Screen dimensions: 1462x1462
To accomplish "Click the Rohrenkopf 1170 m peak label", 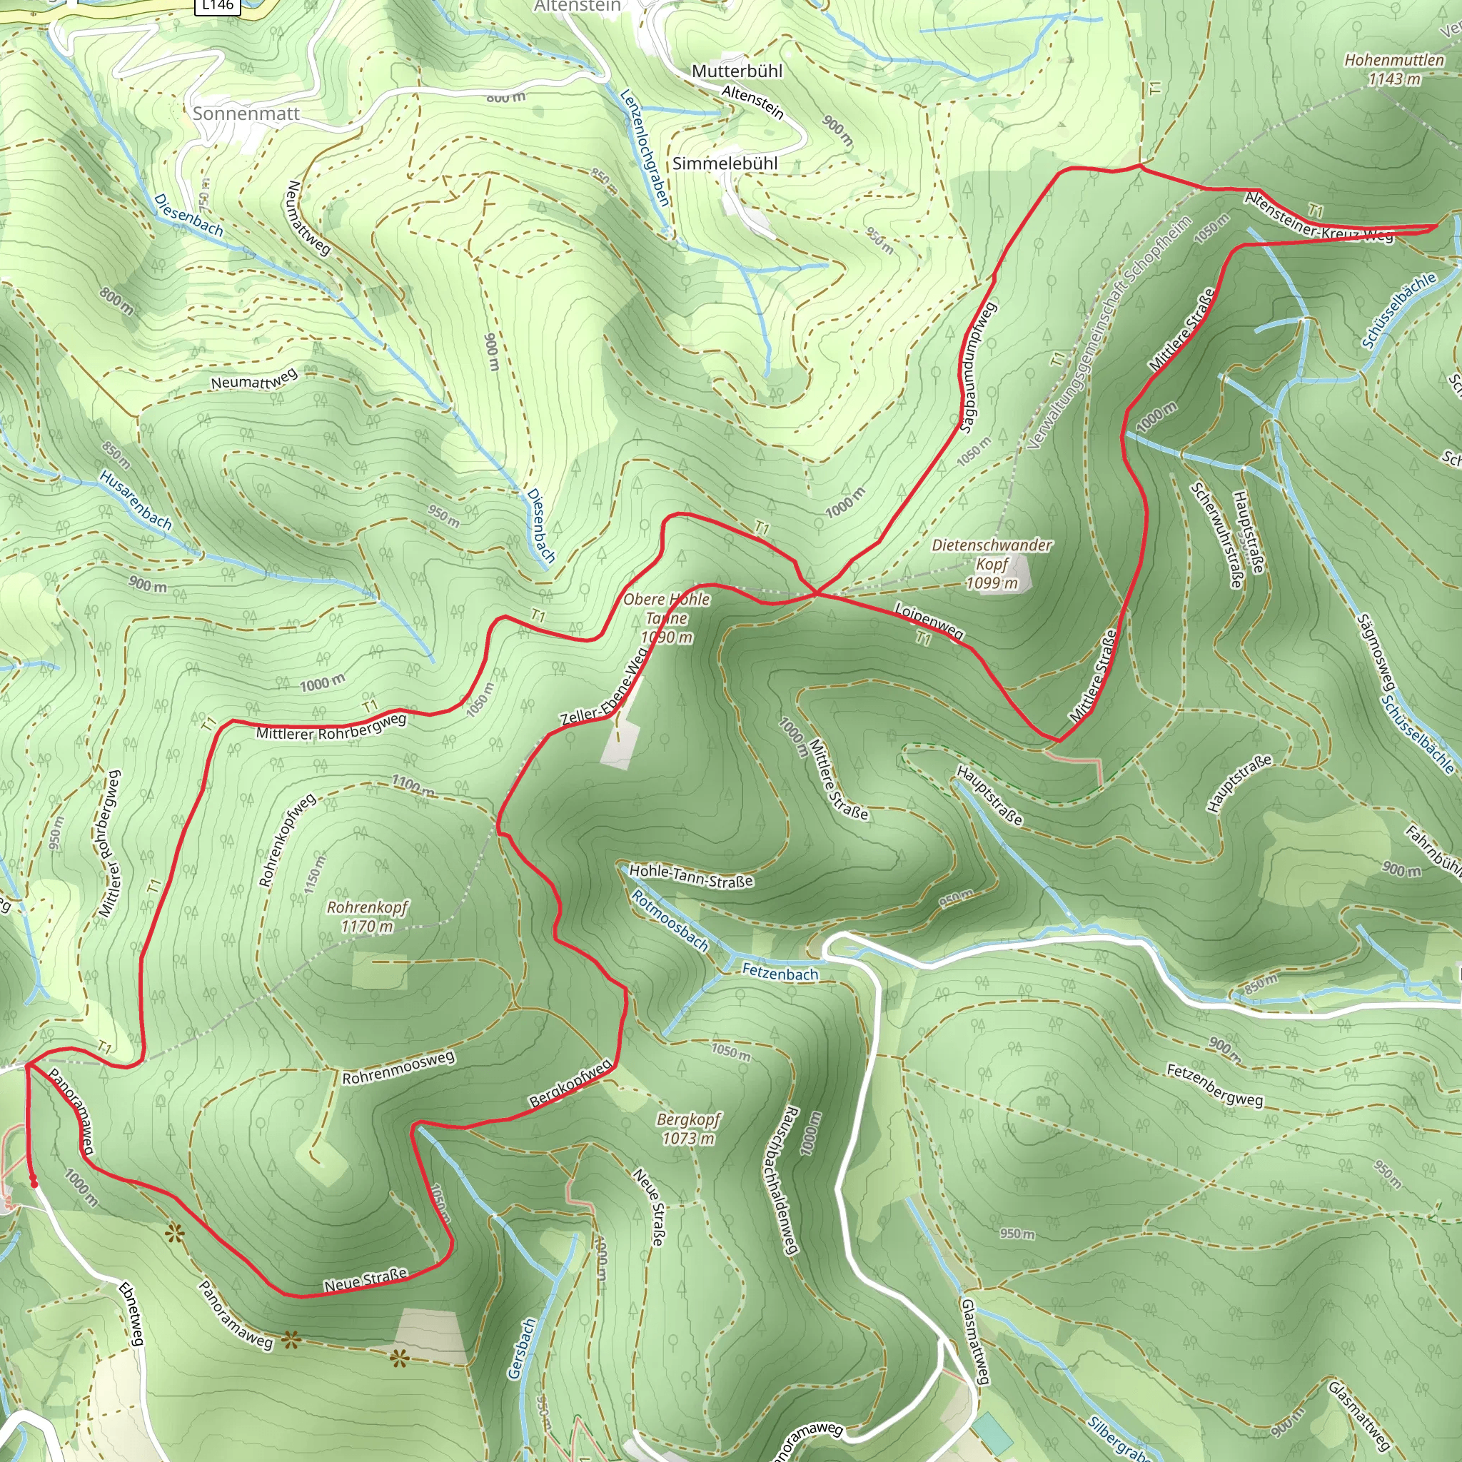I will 367,917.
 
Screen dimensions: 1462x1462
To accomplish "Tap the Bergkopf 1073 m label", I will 688,1129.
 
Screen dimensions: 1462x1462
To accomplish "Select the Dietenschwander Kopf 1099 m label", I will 992,564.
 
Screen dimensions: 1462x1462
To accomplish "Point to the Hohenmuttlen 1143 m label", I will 1394,69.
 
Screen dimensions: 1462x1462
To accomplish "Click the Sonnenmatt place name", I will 246,114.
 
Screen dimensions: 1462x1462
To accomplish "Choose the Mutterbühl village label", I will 736,71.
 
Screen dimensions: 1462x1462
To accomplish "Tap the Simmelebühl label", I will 725,163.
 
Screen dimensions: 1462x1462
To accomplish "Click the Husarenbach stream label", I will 136,500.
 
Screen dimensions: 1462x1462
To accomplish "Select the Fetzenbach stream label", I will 780,973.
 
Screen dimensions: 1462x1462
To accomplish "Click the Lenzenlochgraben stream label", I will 645,148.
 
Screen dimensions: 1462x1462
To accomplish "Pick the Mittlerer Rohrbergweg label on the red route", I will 331,728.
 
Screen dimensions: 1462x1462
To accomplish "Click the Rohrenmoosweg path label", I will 398,1067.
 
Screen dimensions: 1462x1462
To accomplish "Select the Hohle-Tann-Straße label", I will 691,875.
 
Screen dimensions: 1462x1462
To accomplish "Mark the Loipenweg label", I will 929,621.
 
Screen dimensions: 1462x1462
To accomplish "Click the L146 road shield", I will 218,5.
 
